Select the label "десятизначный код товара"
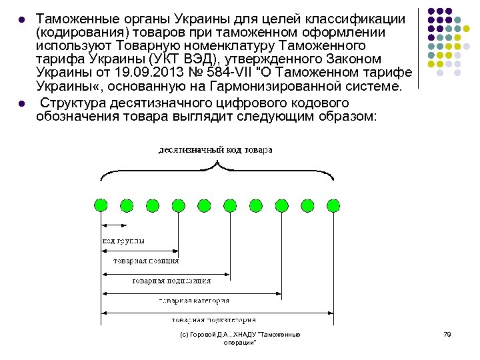[215, 150]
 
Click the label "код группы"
[121, 241]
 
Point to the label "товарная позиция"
[146, 261]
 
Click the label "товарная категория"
[194, 301]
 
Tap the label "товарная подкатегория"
[207, 319]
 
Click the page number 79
[447, 334]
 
